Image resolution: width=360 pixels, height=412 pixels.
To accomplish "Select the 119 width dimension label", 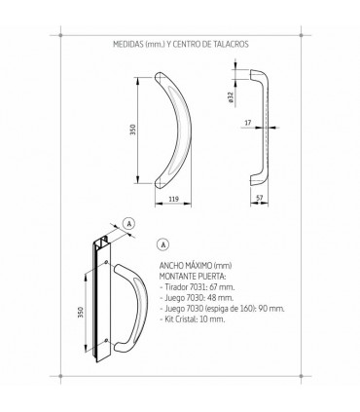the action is [174, 199].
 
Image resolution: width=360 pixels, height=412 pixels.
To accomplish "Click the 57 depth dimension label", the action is [260, 198].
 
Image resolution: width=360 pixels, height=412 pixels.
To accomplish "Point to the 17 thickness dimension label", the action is [248, 123].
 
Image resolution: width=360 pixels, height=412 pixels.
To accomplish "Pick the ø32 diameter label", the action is [231, 97].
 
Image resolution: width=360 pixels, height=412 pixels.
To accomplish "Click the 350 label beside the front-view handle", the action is [133, 130].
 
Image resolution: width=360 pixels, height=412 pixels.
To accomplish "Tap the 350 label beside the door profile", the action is [81, 313].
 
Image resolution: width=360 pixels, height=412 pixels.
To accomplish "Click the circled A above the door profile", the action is [129, 223].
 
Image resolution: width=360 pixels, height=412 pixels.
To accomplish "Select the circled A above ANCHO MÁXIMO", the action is [163, 244].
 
